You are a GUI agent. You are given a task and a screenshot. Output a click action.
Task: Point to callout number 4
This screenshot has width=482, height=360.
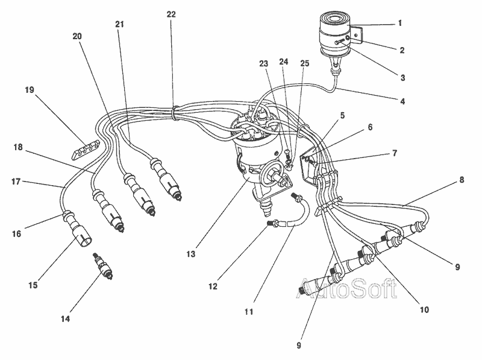tap(402, 102)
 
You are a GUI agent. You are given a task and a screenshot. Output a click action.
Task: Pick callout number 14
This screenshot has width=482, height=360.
tap(65, 318)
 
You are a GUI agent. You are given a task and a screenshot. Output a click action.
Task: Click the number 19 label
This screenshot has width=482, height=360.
tap(30, 90)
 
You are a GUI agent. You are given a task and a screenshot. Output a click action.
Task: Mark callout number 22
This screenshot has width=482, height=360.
tap(171, 13)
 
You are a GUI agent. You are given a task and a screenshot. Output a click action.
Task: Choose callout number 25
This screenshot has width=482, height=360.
tap(305, 62)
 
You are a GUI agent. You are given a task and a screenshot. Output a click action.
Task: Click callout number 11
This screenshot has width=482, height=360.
tap(248, 312)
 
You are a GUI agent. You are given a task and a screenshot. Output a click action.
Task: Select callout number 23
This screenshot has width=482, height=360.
tap(263, 62)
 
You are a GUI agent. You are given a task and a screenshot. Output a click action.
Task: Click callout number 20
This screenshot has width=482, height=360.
tap(77, 36)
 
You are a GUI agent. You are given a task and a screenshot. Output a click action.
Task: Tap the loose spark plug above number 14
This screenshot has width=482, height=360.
tap(101, 268)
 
